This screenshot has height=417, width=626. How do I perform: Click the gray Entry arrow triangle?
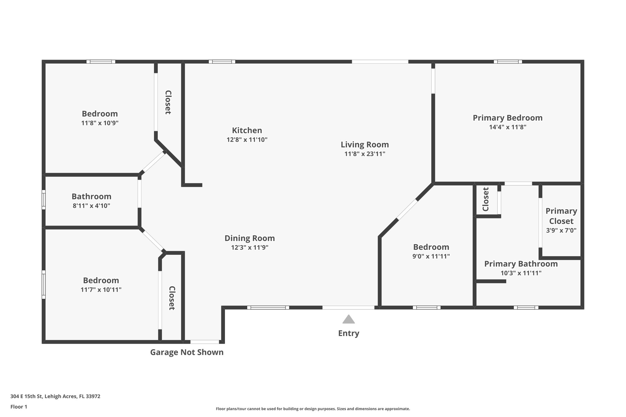click(348, 320)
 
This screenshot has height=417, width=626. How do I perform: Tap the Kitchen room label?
click(247, 130)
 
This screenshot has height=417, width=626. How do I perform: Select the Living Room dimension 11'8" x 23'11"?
click(365, 154)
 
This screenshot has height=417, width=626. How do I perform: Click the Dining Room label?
click(249, 238)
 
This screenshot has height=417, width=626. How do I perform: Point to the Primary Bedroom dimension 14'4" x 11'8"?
click(507, 127)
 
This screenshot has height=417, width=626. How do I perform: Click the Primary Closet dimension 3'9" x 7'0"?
click(561, 230)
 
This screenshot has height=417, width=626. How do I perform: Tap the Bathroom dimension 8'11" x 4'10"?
click(91, 206)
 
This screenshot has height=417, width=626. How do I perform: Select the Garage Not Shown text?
click(187, 352)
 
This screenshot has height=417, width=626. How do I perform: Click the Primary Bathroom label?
click(521, 264)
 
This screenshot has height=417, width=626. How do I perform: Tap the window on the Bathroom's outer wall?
click(44, 200)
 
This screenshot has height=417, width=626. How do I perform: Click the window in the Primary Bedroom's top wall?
click(508, 62)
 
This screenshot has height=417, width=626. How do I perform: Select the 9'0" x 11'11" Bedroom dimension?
click(431, 256)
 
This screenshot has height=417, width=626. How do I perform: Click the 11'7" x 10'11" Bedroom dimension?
click(101, 290)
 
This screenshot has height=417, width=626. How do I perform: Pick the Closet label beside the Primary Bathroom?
click(486, 199)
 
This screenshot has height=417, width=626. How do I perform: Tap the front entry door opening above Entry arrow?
click(348, 308)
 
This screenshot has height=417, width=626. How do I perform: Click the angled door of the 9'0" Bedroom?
click(407, 210)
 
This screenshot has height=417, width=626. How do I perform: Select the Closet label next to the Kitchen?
click(168, 102)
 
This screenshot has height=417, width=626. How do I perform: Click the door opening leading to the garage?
click(204, 342)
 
